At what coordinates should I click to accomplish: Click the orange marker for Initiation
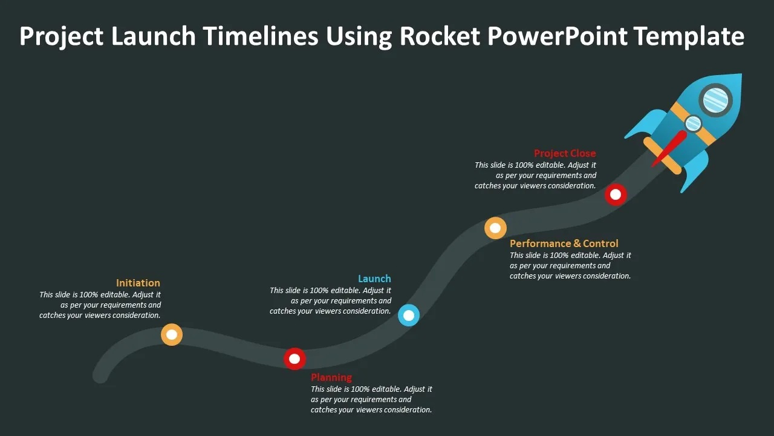(x=172, y=334)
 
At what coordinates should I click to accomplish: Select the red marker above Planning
(x=294, y=358)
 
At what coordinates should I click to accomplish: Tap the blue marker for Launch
(x=409, y=315)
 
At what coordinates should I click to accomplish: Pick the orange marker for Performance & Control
(x=495, y=228)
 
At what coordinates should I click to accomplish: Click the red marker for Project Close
(x=616, y=194)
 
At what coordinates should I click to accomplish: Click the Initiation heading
(x=138, y=283)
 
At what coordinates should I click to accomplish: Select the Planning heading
(x=331, y=377)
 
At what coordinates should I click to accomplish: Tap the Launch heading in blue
(x=374, y=279)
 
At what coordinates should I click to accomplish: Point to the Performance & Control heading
(x=564, y=243)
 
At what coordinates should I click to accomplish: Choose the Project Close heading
(x=565, y=153)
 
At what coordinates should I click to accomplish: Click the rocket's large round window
(x=716, y=99)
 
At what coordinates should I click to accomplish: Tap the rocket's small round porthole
(x=693, y=124)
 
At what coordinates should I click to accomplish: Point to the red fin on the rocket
(x=670, y=149)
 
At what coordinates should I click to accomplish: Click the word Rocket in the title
(x=440, y=36)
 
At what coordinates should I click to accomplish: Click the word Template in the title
(x=689, y=36)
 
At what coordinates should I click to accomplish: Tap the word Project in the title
(x=61, y=36)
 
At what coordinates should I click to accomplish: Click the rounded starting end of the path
(x=101, y=375)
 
